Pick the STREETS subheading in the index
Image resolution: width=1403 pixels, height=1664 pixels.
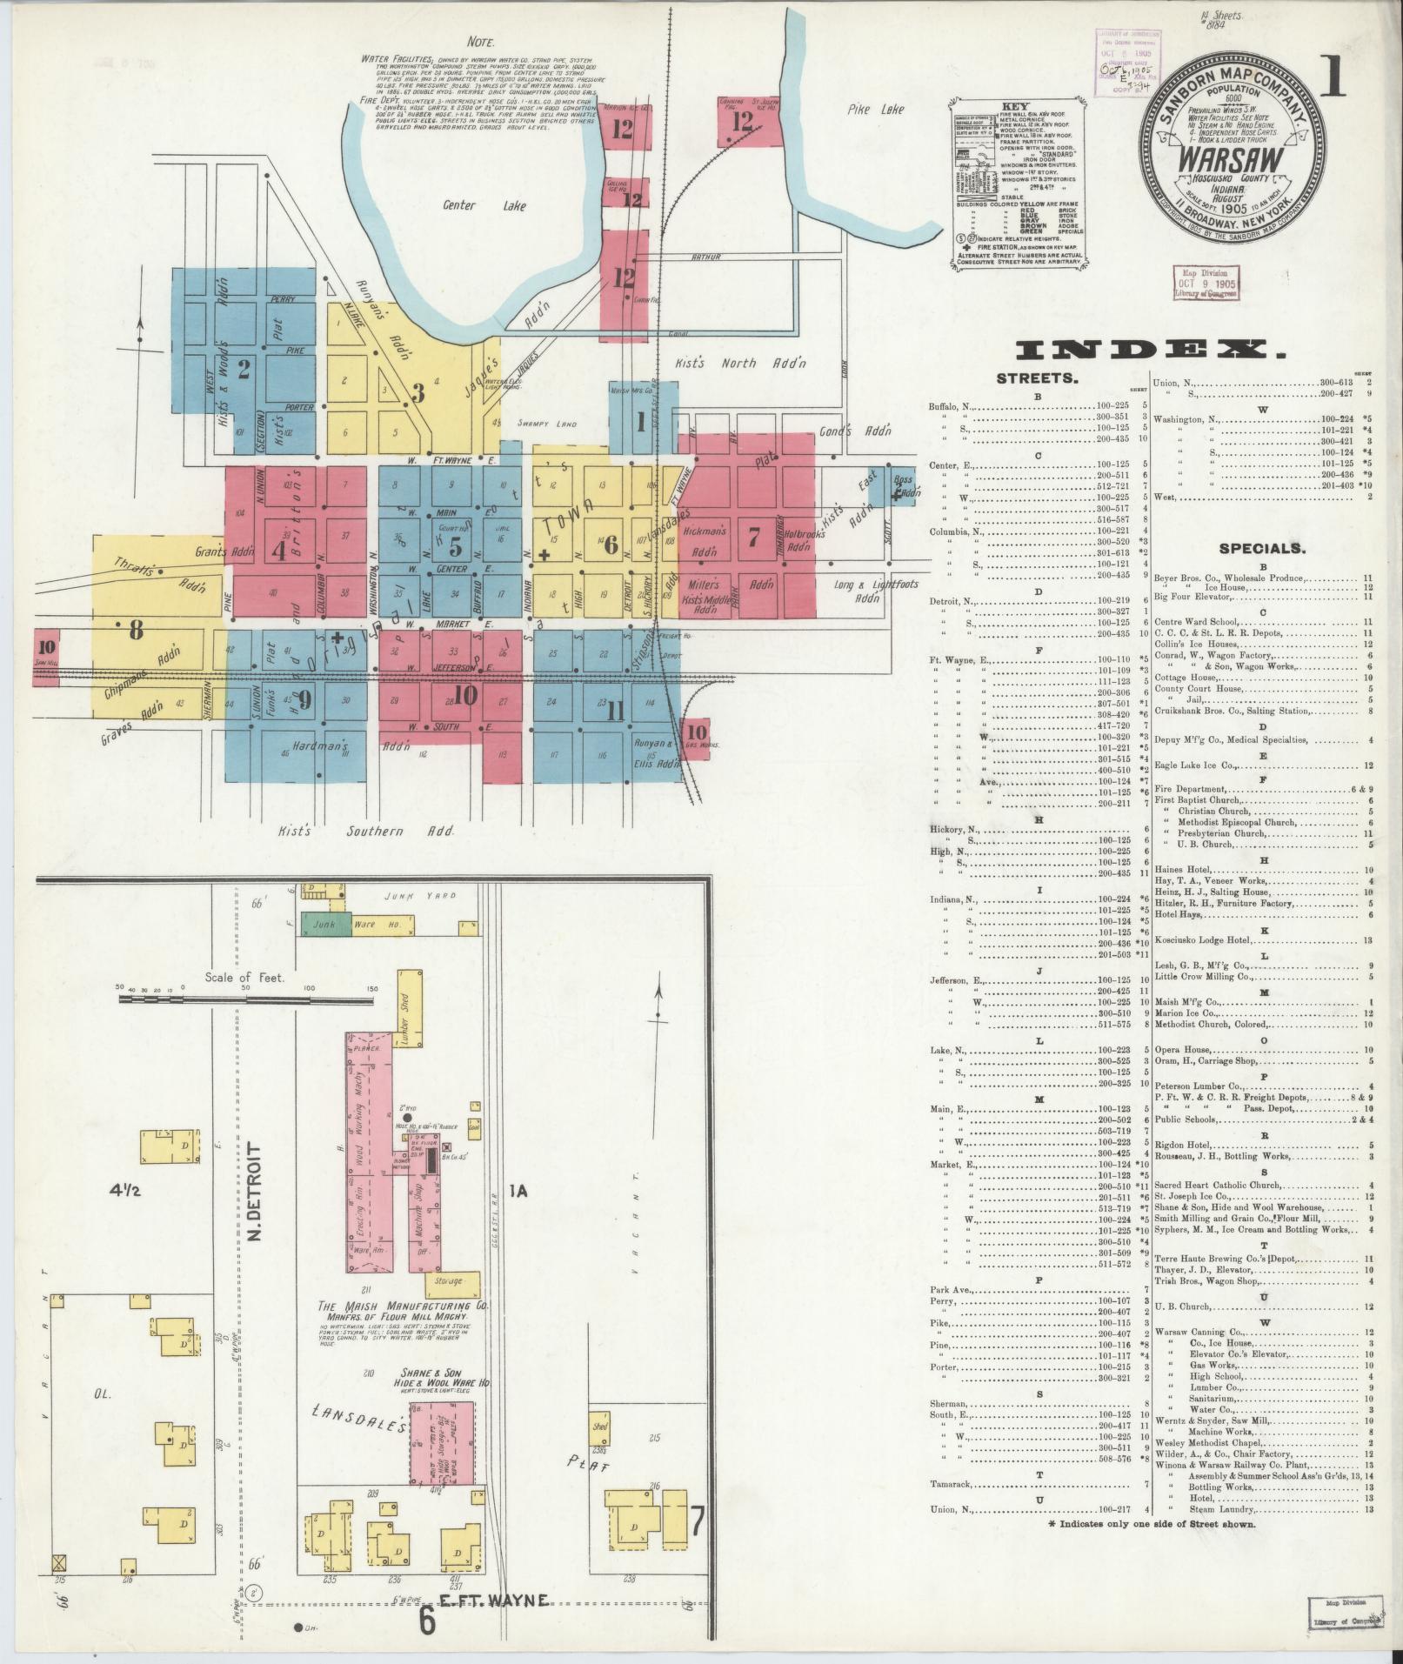point(1037,379)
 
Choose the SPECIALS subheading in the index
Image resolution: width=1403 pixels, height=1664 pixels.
point(1261,549)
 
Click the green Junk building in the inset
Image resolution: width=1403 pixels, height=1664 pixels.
point(326,924)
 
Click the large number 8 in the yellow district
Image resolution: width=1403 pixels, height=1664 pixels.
point(136,629)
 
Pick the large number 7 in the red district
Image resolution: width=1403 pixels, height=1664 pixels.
point(752,536)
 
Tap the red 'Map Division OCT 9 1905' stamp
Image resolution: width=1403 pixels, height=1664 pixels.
point(1208,284)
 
